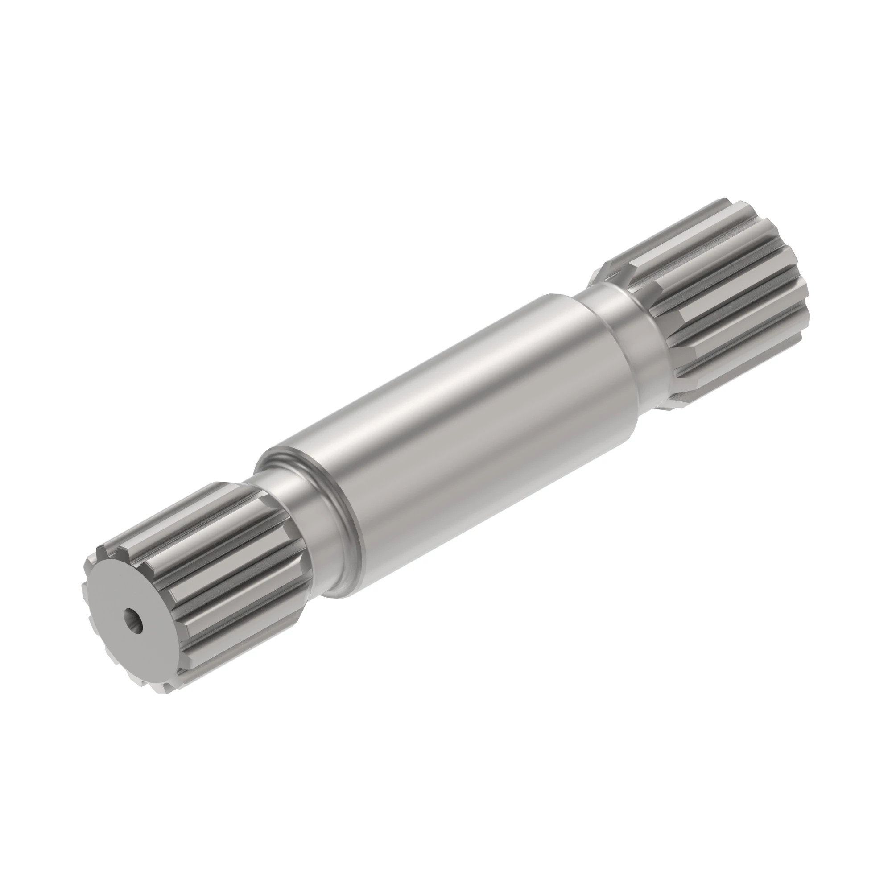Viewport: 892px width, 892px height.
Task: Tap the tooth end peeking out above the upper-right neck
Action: point(605,273)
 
